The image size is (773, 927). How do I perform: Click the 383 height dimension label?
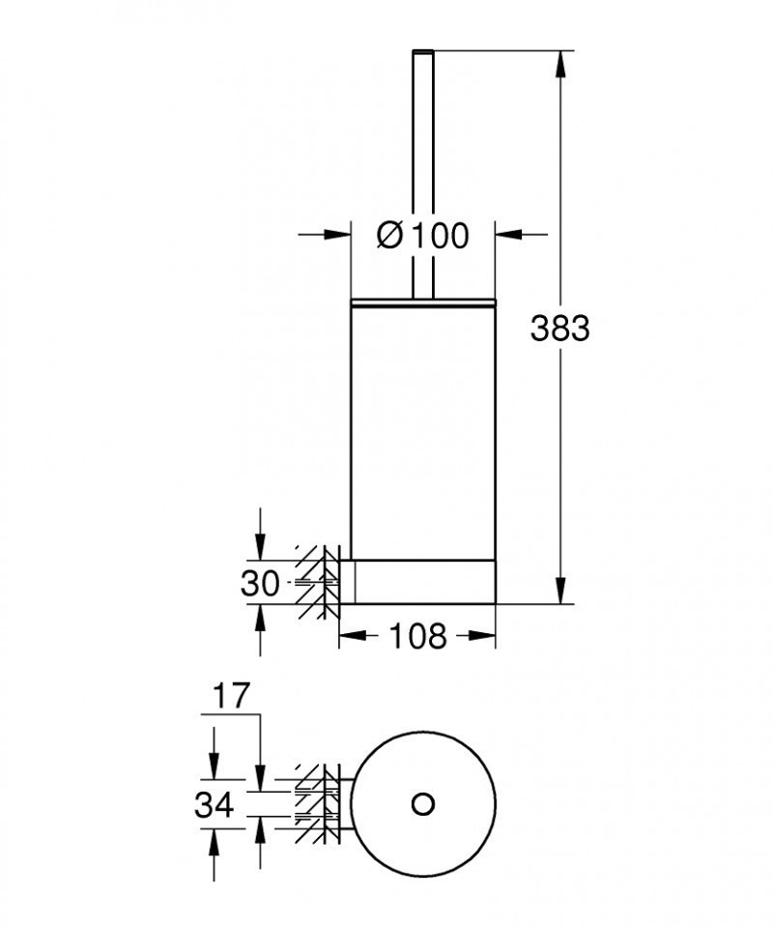coord(559,329)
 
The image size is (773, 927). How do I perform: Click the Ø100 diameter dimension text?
coord(422,235)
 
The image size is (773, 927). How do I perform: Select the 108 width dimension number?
coord(417,636)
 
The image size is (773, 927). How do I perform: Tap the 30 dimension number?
coord(260,583)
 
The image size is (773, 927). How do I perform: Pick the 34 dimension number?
coord(214,804)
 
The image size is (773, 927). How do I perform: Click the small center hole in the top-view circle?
coord(422,803)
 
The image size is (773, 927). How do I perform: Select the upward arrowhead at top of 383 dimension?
coord(559,64)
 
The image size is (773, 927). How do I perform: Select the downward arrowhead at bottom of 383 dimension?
coord(559,591)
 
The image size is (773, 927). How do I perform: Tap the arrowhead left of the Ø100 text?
coord(339,234)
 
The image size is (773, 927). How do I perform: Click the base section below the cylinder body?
coord(425,581)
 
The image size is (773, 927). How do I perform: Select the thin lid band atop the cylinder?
coord(422,304)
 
